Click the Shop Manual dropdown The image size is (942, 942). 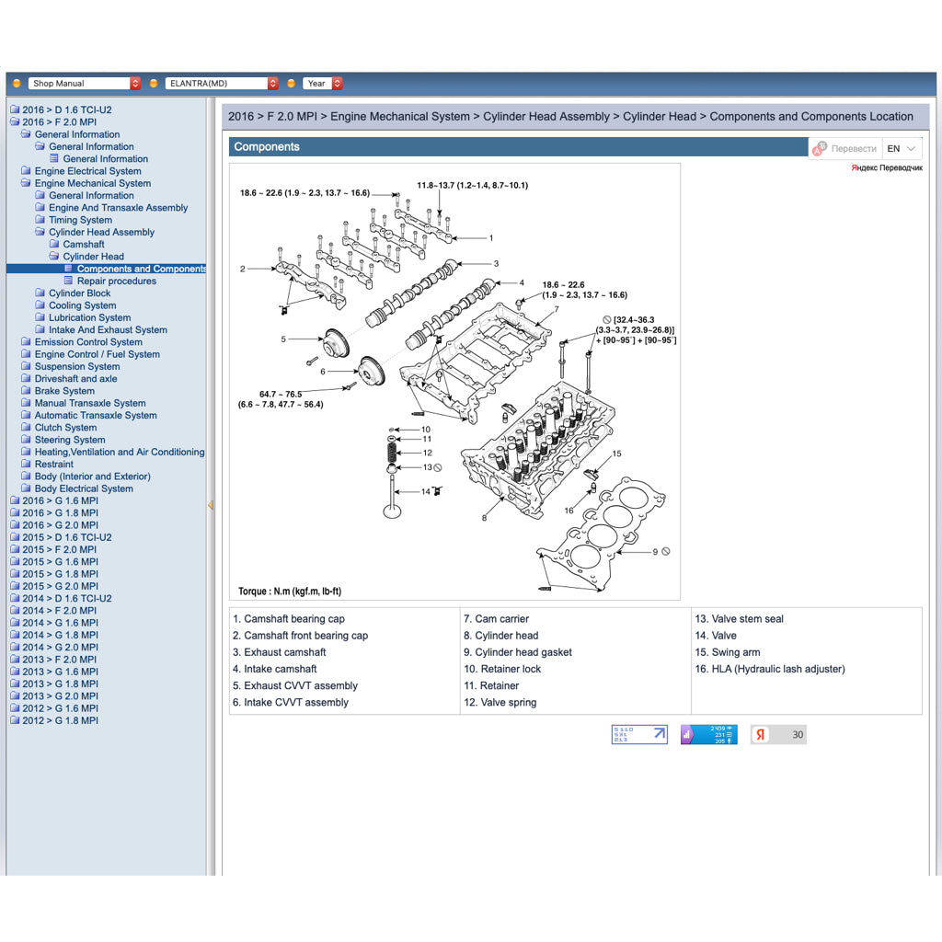[x=84, y=84]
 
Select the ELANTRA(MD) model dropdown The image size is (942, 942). [x=221, y=84]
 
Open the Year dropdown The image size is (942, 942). [x=323, y=84]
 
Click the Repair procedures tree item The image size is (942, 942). [x=116, y=281]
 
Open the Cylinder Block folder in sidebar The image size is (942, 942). [x=79, y=293]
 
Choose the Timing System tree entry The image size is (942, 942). [x=80, y=220]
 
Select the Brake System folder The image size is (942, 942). [x=64, y=391]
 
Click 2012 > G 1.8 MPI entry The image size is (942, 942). [x=60, y=720]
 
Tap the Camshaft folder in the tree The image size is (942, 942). [x=83, y=245]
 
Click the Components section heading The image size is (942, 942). [x=267, y=147]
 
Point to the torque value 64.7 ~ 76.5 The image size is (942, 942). [x=280, y=395]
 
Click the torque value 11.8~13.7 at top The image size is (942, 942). [x=472, y=186]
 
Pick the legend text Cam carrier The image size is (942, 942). [x=501, y=619]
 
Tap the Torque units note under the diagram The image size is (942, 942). [x=290, y=592]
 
